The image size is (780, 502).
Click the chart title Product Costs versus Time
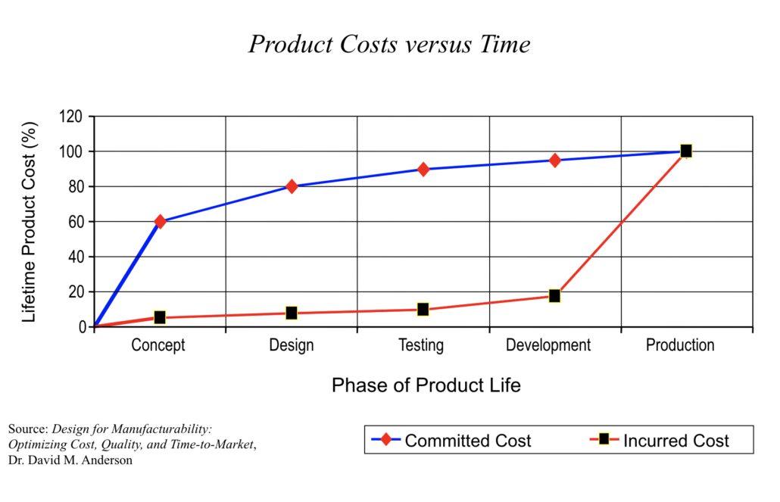[x=389, y=45]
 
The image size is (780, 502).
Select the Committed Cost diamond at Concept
[x=160, y=222]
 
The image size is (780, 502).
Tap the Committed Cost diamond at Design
[x=292, y=186]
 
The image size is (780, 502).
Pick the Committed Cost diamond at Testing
[x=423, y=169]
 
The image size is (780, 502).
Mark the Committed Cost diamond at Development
[x=555, y=161]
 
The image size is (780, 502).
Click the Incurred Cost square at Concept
[x=160, y=317]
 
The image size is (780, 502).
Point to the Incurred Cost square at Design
[x=292, y=313]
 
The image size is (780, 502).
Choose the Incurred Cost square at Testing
[x=423, y=309]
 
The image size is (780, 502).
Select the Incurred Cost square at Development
[x=555, y=295]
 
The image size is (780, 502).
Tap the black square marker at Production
[x=686, y=151]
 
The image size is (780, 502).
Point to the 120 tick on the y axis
[x=70, y=117]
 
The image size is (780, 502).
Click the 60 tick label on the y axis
[x=74, y=222]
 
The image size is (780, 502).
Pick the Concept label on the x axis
[x=158, y=346]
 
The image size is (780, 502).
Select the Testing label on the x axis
[x=421, y=346]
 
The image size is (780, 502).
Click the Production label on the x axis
[x=680, y=346]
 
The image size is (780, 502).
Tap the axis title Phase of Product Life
[x=426, y=385]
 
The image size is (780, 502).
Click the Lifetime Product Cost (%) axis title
[x=29, y=221]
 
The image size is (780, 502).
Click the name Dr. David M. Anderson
[x=70, y=460]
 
